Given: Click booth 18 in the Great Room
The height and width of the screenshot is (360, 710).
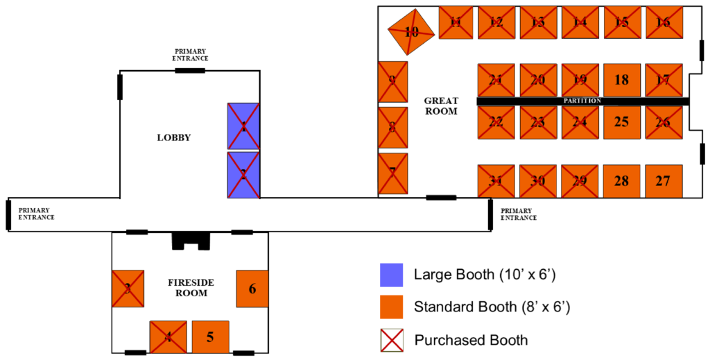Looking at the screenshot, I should click(x=621, y=80).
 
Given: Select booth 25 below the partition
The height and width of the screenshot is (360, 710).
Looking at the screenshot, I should click(x=621, y=122).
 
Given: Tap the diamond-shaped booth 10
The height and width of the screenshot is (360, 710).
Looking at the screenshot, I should click(x=411, y=31).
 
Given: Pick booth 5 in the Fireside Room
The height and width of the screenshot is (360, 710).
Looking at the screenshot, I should click(x=210, y=338).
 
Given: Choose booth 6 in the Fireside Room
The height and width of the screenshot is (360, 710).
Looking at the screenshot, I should click(x=252, y=289).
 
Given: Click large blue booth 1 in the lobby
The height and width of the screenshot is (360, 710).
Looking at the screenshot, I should click(x=243, y=126).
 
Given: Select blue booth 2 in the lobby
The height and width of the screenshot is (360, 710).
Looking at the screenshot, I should click(x=243, y=175).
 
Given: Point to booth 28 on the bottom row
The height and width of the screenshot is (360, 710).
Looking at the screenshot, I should click(x=621, y=181).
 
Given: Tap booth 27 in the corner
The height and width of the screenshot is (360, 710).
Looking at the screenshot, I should click(x=664, y=181).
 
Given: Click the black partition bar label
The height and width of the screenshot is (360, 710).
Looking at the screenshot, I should click(x=582, y=101).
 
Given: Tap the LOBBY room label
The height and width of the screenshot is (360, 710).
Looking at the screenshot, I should click(x=173, y=137).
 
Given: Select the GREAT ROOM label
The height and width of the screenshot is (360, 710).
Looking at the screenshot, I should click(x=441, y=106).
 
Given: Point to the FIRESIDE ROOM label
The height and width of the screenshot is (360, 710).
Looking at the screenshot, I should click(x=191, y=288).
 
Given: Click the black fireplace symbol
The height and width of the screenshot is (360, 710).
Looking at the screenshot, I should click(x=190, y=240).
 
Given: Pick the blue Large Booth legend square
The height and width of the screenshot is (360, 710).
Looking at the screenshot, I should click(x=392, y=275).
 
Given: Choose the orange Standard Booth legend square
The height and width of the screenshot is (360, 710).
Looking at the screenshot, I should click(x=392, y=307).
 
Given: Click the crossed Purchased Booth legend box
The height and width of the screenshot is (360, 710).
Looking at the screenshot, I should click(x=392, y=340).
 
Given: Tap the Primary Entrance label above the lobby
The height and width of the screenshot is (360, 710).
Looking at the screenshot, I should click(x=191, y=55).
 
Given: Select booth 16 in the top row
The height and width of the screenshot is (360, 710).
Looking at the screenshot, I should click(x=664, y=22).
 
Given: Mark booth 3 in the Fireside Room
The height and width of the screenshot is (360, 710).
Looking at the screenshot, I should click(x=128, y=289).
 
